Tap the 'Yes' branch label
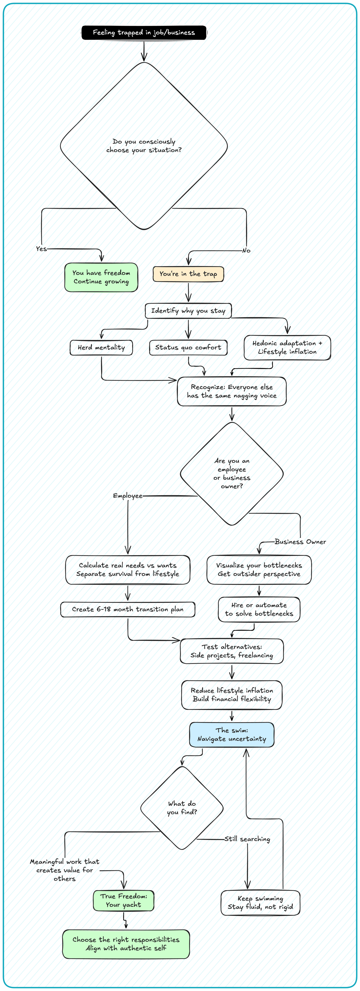41,249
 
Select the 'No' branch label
246,250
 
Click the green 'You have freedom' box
101,277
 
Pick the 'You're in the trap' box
188,274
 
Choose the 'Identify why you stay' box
188,311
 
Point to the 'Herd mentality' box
101,347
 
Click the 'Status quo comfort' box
188,347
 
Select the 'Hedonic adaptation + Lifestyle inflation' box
287,347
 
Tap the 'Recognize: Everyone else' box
232,391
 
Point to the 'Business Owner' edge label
300,542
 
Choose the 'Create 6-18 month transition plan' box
128,609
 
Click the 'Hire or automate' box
259,609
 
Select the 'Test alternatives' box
232,651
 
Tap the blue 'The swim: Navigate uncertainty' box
232,734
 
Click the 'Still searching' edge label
247,839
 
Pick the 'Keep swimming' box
260,902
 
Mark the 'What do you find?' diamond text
182,808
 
